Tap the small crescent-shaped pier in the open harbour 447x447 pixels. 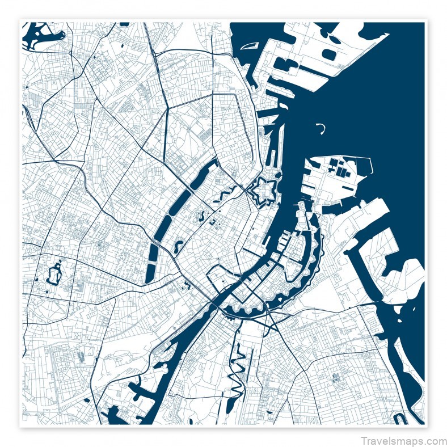[x=321, y=128]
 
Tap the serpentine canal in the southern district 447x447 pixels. [x=237, y=374]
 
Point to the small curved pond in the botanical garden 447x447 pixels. [x=202, y=216]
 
